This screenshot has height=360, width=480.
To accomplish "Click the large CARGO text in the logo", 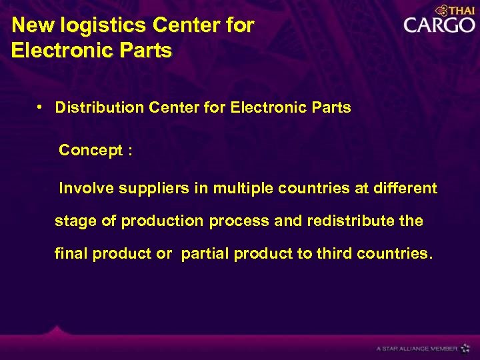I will click(439, 26).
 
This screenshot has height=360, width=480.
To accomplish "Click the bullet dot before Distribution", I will click(41, 107).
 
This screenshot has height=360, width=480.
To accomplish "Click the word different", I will click(405, 189).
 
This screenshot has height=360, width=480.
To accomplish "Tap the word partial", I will click(205, 253).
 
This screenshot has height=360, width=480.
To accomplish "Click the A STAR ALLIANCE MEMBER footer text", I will click(416, 348).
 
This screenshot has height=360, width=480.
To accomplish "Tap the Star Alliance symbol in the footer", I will click(465, 348).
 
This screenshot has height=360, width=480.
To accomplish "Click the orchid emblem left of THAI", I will click(442, 10).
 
